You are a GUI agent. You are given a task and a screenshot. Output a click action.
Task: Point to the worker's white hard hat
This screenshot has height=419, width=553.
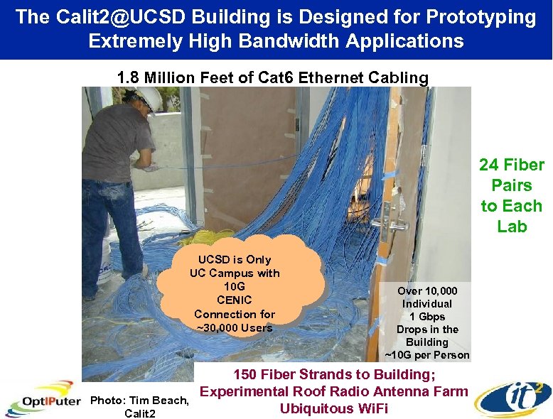[147, 97]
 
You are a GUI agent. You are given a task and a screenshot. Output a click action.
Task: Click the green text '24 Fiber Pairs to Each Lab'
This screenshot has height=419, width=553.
[511, 195]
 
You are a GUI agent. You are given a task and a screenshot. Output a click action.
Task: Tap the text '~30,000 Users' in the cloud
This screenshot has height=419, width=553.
[235, 327]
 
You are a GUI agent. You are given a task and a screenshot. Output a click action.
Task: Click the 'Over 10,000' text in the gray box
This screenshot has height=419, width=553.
[427, 290]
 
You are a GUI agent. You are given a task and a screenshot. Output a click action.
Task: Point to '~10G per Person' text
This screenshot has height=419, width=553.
[427, 354]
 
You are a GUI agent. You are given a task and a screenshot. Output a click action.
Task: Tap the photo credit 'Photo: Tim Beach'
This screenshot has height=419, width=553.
[139, 401]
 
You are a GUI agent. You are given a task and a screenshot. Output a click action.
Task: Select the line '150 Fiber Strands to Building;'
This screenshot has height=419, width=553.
[335, 374]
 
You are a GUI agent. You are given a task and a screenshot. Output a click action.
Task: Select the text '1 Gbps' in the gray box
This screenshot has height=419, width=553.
[427, 316]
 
